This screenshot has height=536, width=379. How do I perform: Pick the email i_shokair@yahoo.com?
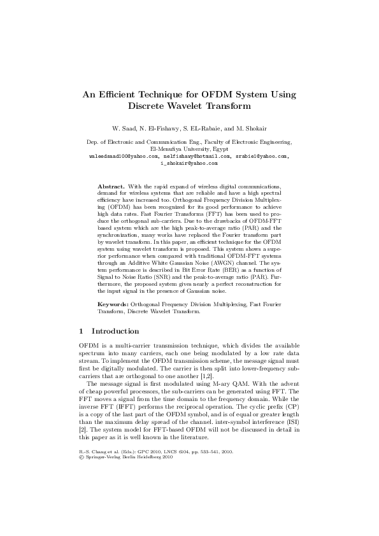coord(189,163)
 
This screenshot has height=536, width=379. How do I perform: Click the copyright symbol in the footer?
coord(81,456)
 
